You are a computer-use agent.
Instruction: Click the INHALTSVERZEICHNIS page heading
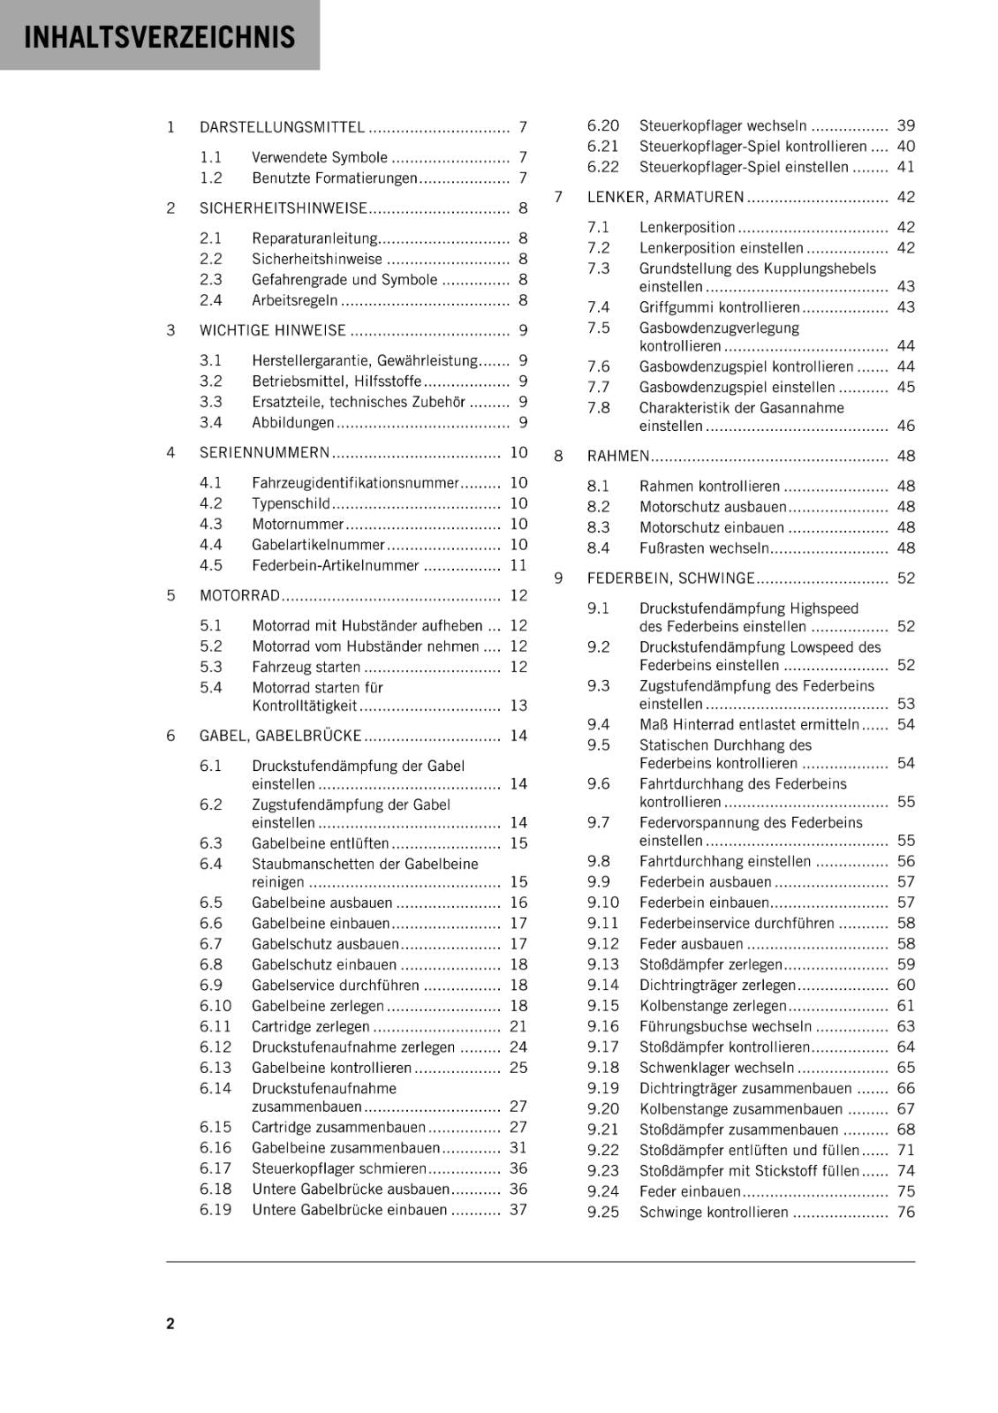click(x=160, y=37)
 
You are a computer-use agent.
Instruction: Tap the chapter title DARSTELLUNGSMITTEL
click(x=282, y=127)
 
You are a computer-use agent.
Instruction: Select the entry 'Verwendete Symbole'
click(x=319, y=157)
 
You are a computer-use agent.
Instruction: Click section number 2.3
click(x=210, y=279)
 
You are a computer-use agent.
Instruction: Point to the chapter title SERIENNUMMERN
click(x=264, y=452)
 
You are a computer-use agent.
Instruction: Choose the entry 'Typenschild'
click(x=291, y=503)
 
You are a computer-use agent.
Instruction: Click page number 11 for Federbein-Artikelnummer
click(x=518, y=565)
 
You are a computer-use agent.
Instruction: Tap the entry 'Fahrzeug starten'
click(x=306, y=667)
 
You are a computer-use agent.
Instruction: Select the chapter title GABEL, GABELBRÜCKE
click(x=281, y=736)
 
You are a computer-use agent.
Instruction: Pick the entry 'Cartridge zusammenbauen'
click(x=338, y=1127)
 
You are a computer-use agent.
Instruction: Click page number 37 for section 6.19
click(x=518, y=1210)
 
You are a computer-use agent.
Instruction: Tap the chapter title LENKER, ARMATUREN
click(x=665, y=197)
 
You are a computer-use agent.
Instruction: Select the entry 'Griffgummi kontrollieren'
click(x=719, y=307)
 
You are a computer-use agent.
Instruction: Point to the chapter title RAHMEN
click(x=618, y=456)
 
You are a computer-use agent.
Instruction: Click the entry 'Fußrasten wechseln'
click(x=704, y=548)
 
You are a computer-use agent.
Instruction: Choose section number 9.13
click(x=603, y=964)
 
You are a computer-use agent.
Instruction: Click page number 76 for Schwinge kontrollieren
click(x=906, y=1212)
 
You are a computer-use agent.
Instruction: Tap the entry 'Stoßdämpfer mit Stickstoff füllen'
click(x=749, y=1170)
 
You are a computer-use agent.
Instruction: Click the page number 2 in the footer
click(x=170, y=1323)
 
